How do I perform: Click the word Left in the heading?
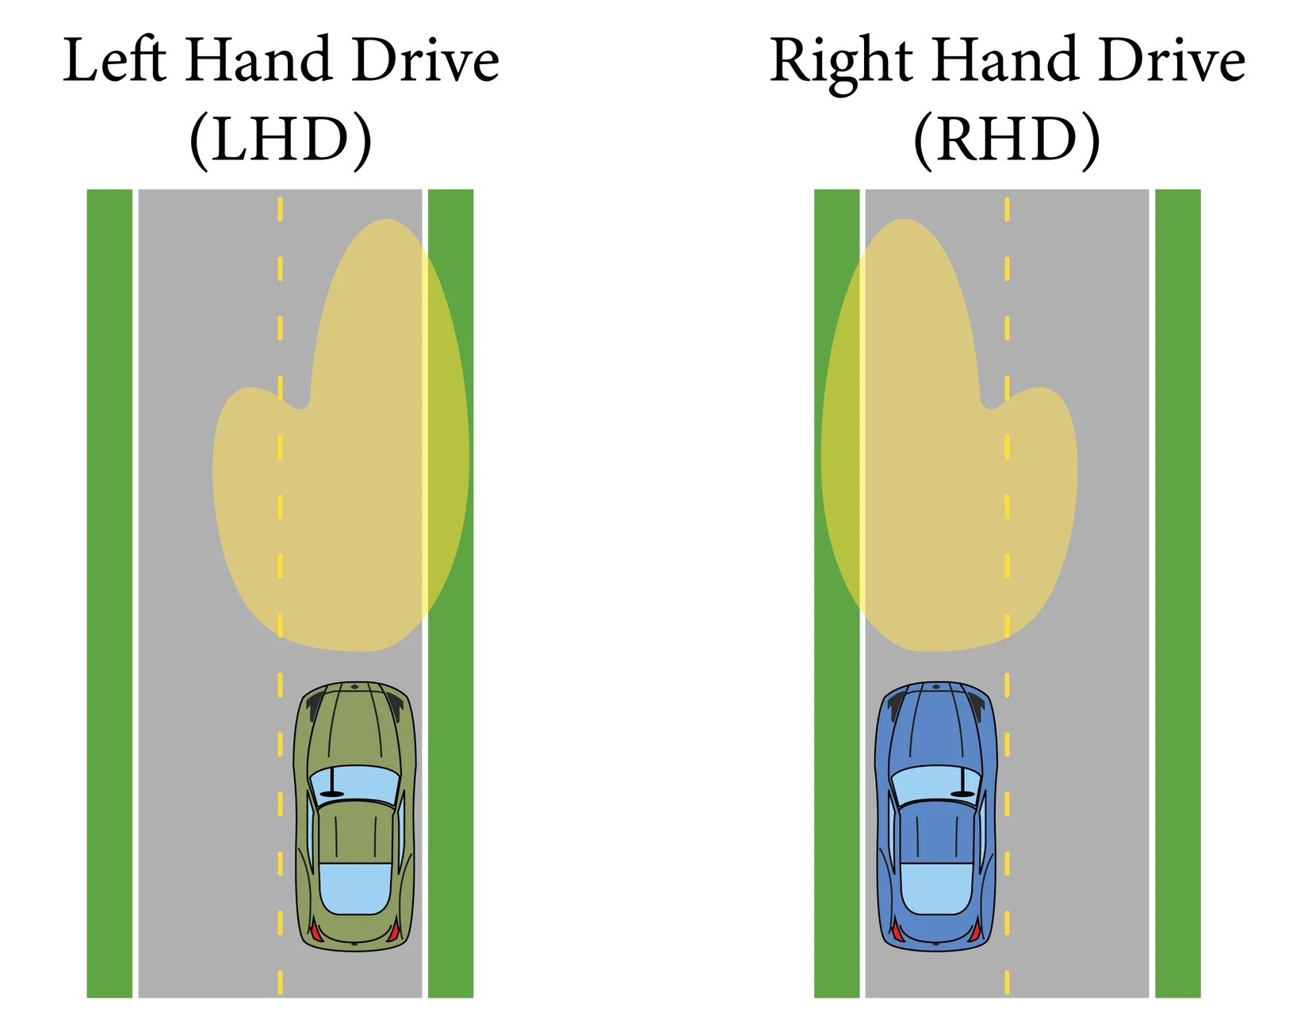pos(114,60)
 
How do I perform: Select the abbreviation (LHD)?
pos(281,140)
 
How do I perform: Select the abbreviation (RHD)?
pos(1007,140)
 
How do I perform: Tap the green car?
pos(354,817)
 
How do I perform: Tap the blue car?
pos(936,817)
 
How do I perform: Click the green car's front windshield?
pos(354,783)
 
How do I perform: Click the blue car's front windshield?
pos(936,783)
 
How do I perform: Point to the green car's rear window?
pos(354,888)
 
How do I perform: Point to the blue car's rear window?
pos(936,888)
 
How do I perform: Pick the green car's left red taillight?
pos(316,931)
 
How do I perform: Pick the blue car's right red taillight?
pos(974,931)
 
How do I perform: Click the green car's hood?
pos(354,726)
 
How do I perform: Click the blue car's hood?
pos(936,726)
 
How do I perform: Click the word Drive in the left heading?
pos(426,60)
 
